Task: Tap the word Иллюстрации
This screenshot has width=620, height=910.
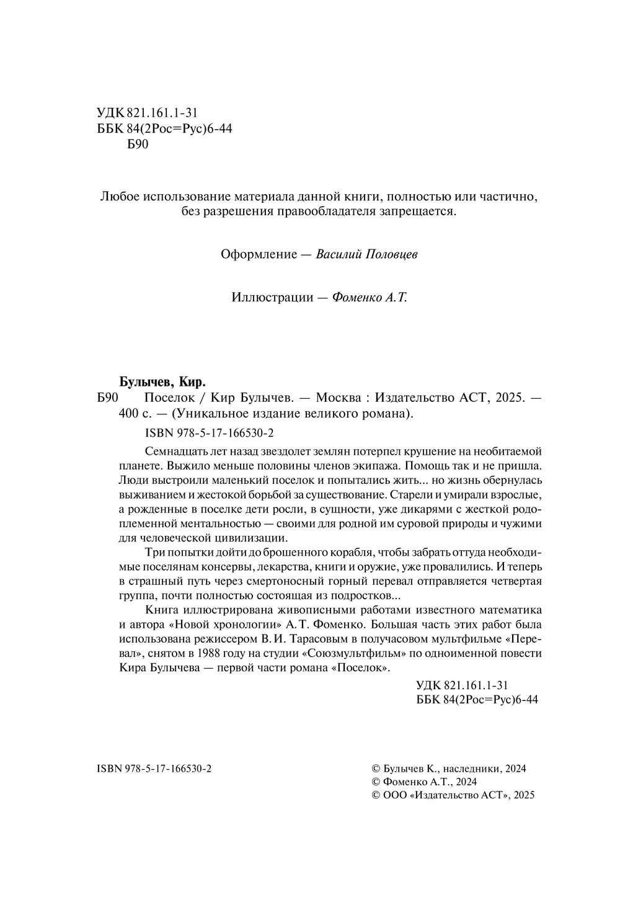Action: tap(272, 297)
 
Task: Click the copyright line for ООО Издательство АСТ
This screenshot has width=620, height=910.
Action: tap(451, 795)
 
